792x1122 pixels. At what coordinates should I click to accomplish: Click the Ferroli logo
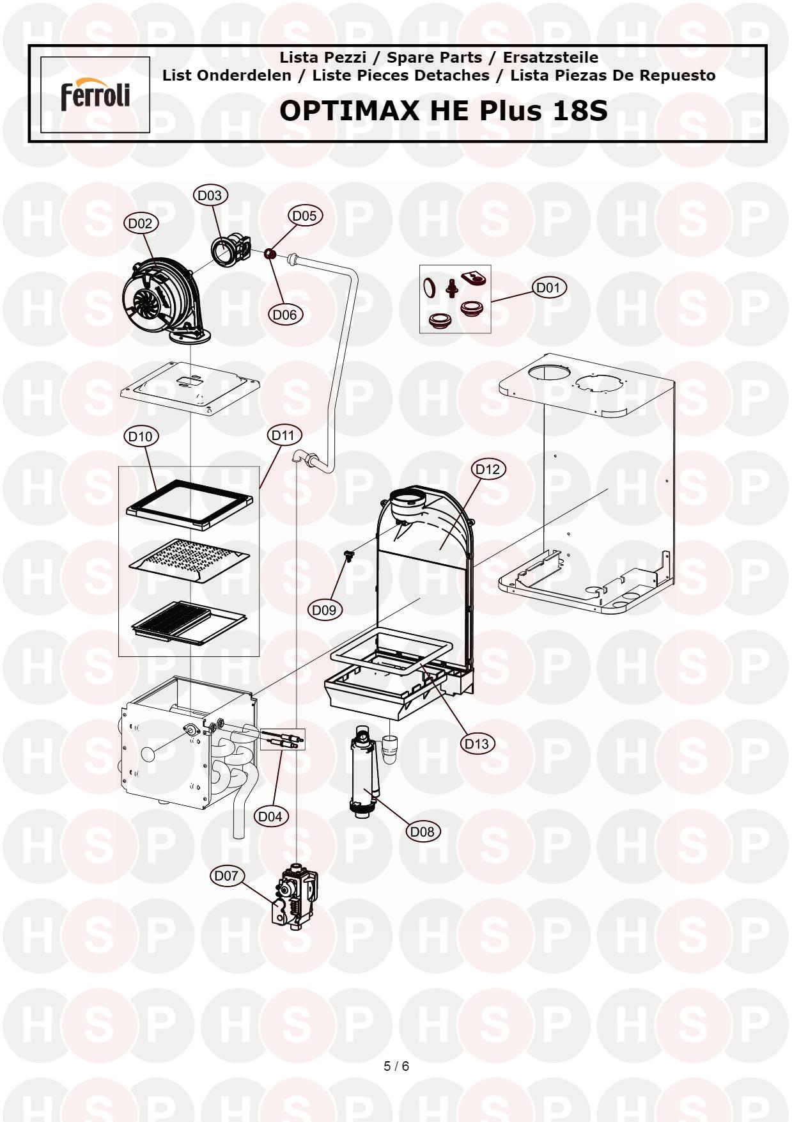pyautogui.click(x=95, y=95)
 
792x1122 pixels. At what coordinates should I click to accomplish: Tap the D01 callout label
pyautogui.click(x=548, y=288)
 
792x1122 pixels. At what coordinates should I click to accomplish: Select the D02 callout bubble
pyautogui.click(x=141, y=223)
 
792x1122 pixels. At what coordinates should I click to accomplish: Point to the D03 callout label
pyautogui.click(x=210, y=195)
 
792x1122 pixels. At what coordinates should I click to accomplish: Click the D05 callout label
pyautogui.click(x=304, y=216)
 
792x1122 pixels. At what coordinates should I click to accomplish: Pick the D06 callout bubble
pyautogui.click(x=285, y=315)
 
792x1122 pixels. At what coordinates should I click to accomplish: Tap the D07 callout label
pyautogui.click(x=226, y=876)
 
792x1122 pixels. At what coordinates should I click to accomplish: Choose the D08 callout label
pyautogui.click(x=422, y=832)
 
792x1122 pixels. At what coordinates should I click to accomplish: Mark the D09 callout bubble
pyautogui.click(x=325, y=610)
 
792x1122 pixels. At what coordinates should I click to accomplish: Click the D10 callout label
pyautogui.click(x=141, y=436)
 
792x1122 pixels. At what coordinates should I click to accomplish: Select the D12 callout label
pyautogui.click(x=488, y=469)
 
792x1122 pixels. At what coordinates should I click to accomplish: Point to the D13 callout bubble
pyautogui.click(x=477, y=743)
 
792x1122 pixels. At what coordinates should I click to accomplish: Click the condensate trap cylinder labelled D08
pyautogui.click(x=362, y=774)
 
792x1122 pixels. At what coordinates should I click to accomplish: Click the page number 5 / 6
pyautogui.click(x=396, y=1066)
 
